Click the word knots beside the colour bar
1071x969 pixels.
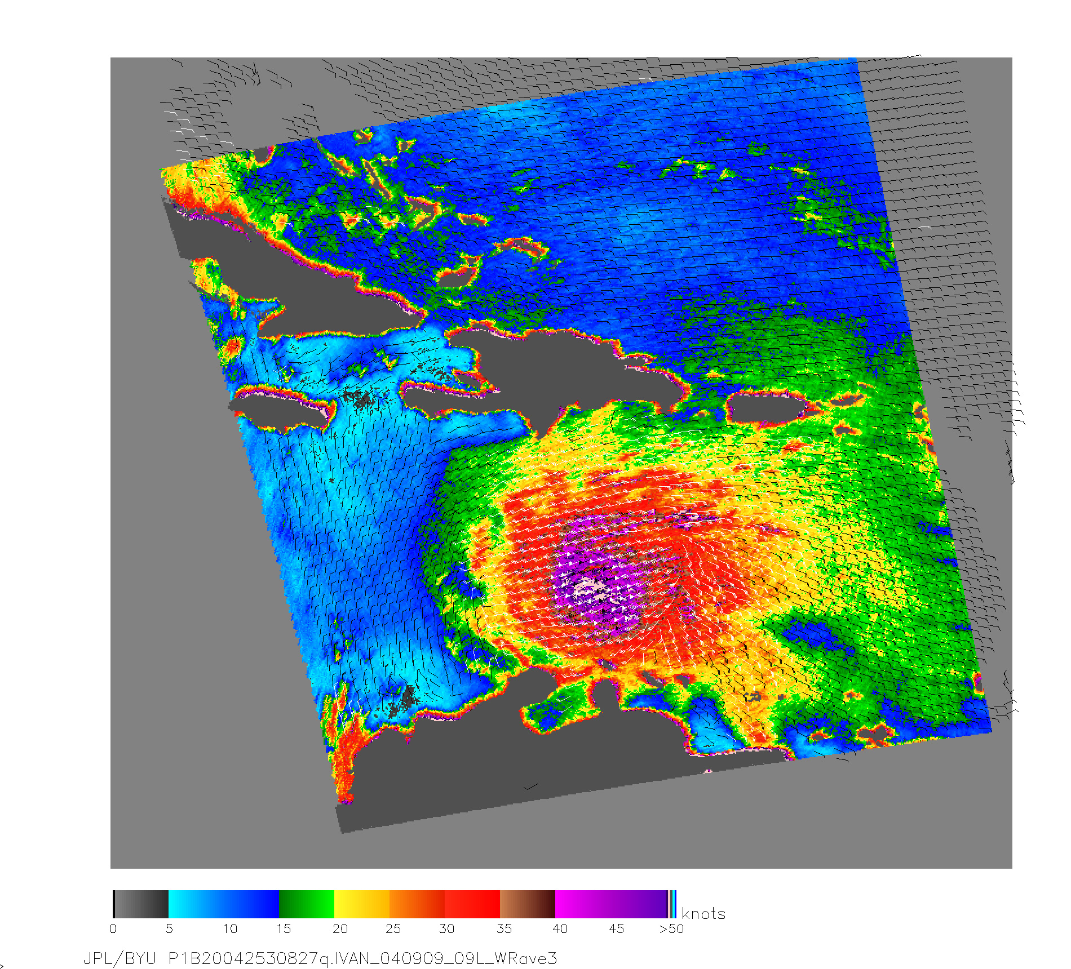click(703, 913)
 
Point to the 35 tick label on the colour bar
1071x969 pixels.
click(504, 928)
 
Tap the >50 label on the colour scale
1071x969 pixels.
click(671, 928)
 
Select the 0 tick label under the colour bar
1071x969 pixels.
click(113, 928)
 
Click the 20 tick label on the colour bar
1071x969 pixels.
click(340, 928)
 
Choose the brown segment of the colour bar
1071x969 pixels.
click(527, 904)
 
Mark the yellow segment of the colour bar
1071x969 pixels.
click(361, 904)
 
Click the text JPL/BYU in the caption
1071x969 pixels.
click(120, 958)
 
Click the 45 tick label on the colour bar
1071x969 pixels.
click(616, 928)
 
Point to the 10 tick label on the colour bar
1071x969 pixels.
click(229, 928)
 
